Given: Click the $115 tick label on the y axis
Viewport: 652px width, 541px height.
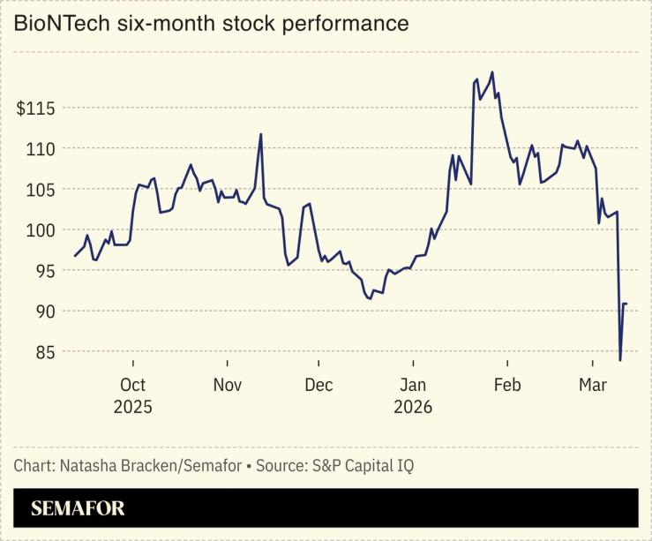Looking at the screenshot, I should [34, 109].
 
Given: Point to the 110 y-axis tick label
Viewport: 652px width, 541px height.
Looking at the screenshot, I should [39, 149].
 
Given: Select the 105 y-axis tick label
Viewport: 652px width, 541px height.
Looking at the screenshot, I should [39, 190].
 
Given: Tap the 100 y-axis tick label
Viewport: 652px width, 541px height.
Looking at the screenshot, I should [39, 230].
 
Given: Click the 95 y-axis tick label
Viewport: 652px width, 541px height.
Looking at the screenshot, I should [42, 271].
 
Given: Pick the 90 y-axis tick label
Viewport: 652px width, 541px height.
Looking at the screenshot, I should [42, 312].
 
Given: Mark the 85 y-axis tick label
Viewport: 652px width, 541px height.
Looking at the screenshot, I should [42, 352].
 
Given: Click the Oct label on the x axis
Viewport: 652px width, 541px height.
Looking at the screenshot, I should [132, 385].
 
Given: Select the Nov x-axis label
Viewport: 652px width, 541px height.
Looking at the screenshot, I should [228, 385].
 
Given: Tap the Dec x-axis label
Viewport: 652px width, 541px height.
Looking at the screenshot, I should [319, 385].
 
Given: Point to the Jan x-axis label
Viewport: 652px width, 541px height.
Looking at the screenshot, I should [413, 385].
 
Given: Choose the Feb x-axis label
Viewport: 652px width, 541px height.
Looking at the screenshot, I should [507, 385].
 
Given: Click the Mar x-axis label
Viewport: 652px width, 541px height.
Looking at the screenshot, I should [592, 385].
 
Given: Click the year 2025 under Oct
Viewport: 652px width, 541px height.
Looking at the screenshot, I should [132, 407].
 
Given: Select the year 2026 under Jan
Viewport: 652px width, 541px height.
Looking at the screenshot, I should [413, 407].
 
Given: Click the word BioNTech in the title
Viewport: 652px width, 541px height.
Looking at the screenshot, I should [57, 24].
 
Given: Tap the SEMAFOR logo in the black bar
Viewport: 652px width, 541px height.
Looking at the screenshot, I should [78, 508].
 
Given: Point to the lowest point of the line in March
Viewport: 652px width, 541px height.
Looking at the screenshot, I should [620, 360].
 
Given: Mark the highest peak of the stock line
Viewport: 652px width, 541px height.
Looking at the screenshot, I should [491, 72].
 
